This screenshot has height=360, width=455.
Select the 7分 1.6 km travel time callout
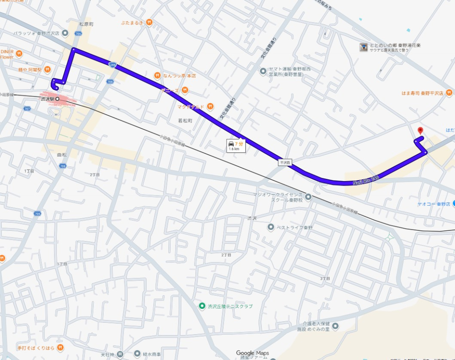(235, 146)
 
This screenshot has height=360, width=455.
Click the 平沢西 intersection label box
(284, 163)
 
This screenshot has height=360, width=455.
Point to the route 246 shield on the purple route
(113, 64)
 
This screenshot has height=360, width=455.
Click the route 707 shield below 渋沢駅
(28, 109)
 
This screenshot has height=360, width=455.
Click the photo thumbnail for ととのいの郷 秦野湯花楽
(363, 47)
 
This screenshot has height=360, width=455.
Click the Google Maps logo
(252, 353)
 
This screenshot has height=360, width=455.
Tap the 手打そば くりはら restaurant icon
(60, 347)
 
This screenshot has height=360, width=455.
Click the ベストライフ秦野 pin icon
(271, 227)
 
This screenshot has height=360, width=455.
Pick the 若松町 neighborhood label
(185, 120)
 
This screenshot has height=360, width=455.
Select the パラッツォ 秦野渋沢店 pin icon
(65, 33)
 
